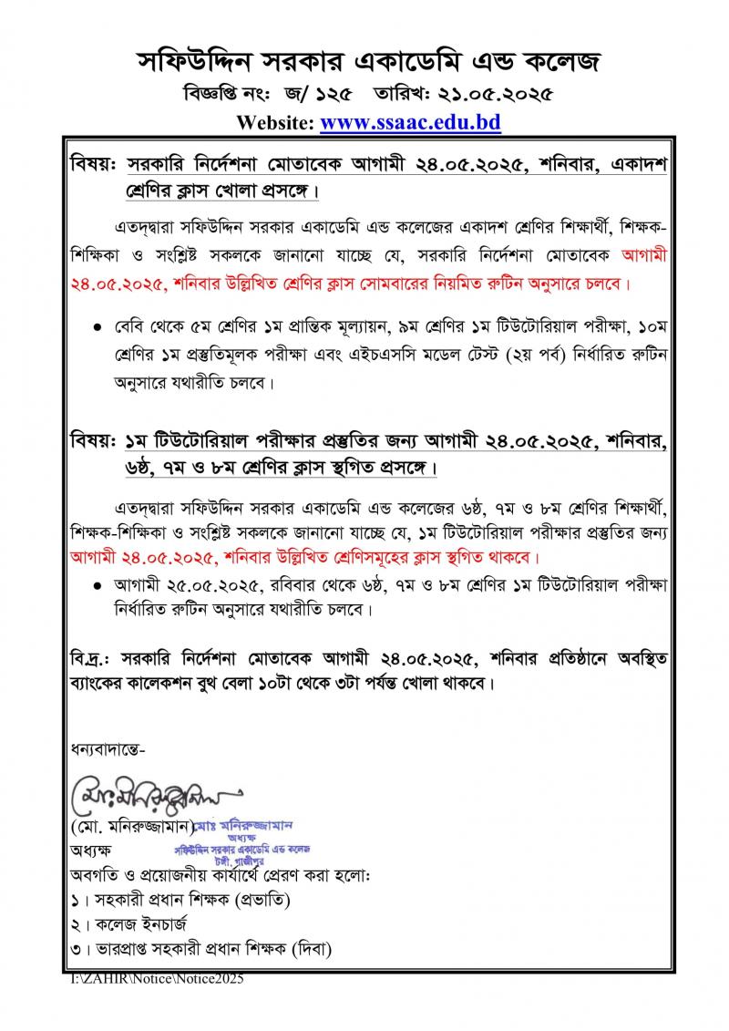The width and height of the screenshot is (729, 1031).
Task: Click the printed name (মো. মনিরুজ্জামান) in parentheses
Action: coord(133,827)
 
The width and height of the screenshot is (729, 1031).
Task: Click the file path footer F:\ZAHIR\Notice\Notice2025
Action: coord(158,978)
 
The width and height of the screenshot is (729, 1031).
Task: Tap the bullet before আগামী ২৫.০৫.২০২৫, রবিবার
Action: coord(97,581)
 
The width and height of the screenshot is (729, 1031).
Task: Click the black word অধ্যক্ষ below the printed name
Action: coord(89,851)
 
